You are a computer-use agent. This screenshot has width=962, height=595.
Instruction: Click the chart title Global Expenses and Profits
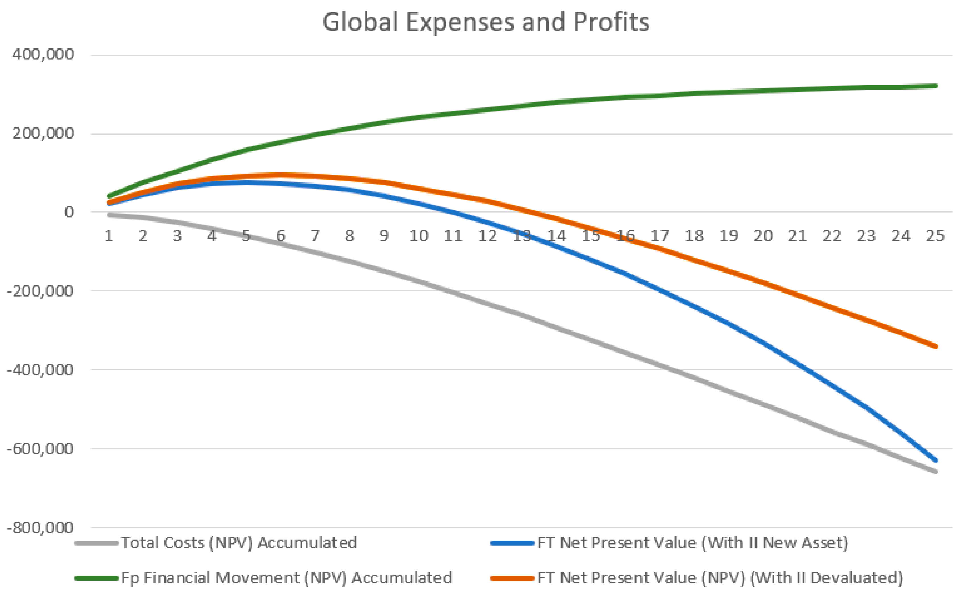click(x=486, y=22)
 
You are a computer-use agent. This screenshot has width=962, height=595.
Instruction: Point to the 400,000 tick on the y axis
click(x=43, y=54)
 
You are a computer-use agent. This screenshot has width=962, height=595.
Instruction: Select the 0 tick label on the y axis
click(x=69, y=212)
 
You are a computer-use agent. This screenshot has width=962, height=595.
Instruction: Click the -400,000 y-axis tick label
click(x=40, y=370)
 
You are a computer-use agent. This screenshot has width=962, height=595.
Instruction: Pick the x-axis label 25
click(x=935, y=236)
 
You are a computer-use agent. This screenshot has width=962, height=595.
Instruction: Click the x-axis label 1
click(x=109, y=236)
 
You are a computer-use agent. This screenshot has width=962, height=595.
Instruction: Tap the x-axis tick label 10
click(x=418, y=236)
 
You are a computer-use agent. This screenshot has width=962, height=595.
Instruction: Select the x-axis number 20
click(x=763, y=236)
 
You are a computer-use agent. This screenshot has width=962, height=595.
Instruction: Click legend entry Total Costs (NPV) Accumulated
click(x=239, y=543)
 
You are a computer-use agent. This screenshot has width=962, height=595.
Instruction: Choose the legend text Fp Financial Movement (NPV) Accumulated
click(x=286, y=578)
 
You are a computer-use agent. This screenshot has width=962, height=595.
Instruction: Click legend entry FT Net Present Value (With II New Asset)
click(x=692, y=543)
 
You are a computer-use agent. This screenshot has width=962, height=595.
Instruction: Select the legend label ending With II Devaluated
click(x=720, y=578)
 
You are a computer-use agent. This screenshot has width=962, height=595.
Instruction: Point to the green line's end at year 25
click(x=936, y=86)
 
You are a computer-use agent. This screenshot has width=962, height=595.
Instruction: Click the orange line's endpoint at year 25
click(x=936, y=347)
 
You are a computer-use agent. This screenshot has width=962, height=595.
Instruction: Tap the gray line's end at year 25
click(x=936, y=472)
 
